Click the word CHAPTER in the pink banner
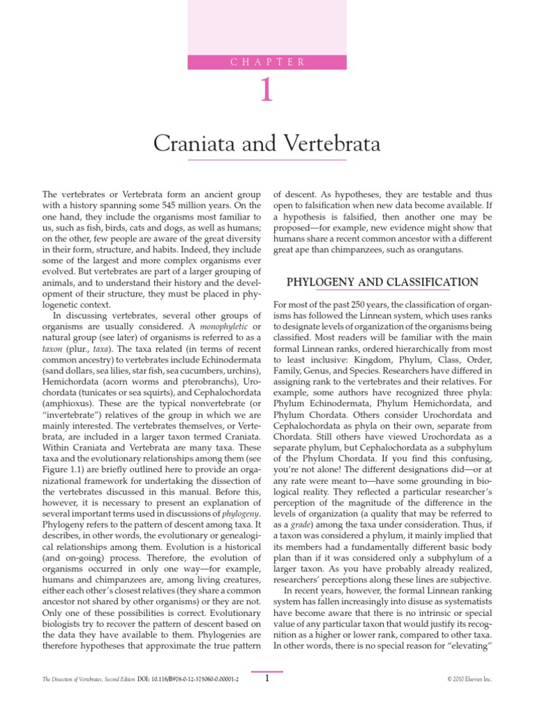pyautogui.click(x=267, y=62)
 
